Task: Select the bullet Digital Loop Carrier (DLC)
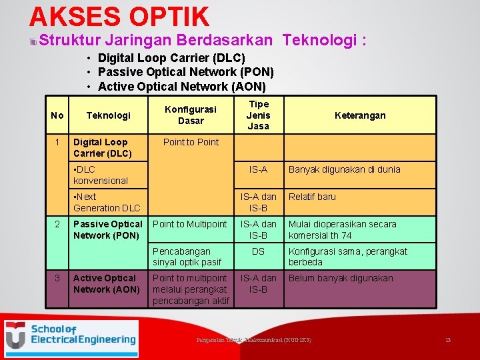tap(171, 58)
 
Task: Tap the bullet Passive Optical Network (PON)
tap(185, 72)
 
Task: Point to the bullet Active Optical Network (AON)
tap(181, 87)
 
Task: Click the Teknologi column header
tap(108, 115)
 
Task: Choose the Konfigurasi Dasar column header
tap(191, 115)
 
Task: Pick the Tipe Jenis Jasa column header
tap(258, 115)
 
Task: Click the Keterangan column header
tap(360, 115)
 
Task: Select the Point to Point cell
tap(191, 142)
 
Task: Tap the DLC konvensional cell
tap(101, 175)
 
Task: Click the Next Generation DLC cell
tap(107, 202)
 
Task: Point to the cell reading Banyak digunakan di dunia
tap(344, 169)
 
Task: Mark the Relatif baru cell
tap(312, 197)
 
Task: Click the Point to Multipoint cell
tap(190, 224)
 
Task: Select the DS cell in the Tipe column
tap(258, 251)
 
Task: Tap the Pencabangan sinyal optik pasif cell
tap(187, 257)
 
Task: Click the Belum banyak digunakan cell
tap(341, 278)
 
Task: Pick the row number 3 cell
tap(57, 278)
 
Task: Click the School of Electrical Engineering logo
tap(71, 339)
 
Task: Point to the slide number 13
tap(448, 340)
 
